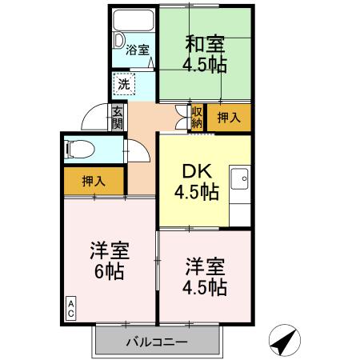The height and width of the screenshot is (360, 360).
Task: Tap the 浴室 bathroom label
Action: point(138,50)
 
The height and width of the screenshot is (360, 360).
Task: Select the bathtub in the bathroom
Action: point(133,21)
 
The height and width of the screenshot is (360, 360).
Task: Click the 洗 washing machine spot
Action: point(123,82)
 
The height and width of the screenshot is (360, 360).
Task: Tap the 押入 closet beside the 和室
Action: point(229,118)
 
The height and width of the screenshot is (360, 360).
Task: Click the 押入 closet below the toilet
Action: point(94,182)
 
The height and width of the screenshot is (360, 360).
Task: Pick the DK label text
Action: point(196,171)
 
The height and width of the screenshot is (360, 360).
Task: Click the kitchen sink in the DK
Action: point(239,180)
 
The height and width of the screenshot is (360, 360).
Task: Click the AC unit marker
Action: point(70,308)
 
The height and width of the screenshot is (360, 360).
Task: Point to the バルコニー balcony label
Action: point(157,342)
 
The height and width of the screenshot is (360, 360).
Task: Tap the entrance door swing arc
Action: point(94,121)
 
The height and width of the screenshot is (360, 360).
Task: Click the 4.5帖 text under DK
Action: point(197,192)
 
